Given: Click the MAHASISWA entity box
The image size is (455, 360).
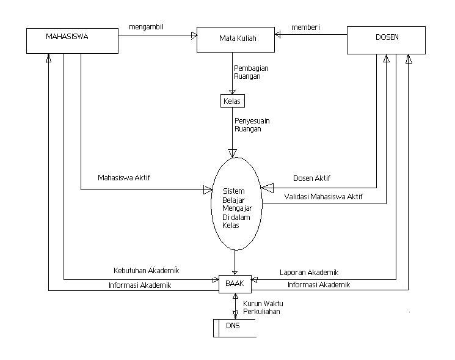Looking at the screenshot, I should (x=72, y=40).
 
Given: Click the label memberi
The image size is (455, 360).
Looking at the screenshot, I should (x=305, y=28).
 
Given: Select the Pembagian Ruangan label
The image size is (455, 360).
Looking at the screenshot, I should (x=252, y=72).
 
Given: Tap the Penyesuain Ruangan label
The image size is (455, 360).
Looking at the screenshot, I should (x=252, y=125).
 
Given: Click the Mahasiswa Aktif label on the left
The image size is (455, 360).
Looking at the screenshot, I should (x=124, y=178).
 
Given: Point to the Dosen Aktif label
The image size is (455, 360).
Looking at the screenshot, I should (x=311, y=178).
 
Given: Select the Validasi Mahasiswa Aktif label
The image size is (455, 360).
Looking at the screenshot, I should (x=324, y=197).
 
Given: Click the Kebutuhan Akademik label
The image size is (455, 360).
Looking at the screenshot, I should (x=146, y=270).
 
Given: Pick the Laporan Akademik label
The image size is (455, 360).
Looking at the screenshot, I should (x=309, y=273).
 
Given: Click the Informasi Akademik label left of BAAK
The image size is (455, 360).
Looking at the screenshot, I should (x=140, y=285).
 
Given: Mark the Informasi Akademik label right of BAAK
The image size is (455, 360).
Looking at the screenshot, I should (x=319, y=285).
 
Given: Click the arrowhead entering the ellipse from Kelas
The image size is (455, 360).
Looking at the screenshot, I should (x=233, y=153).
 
